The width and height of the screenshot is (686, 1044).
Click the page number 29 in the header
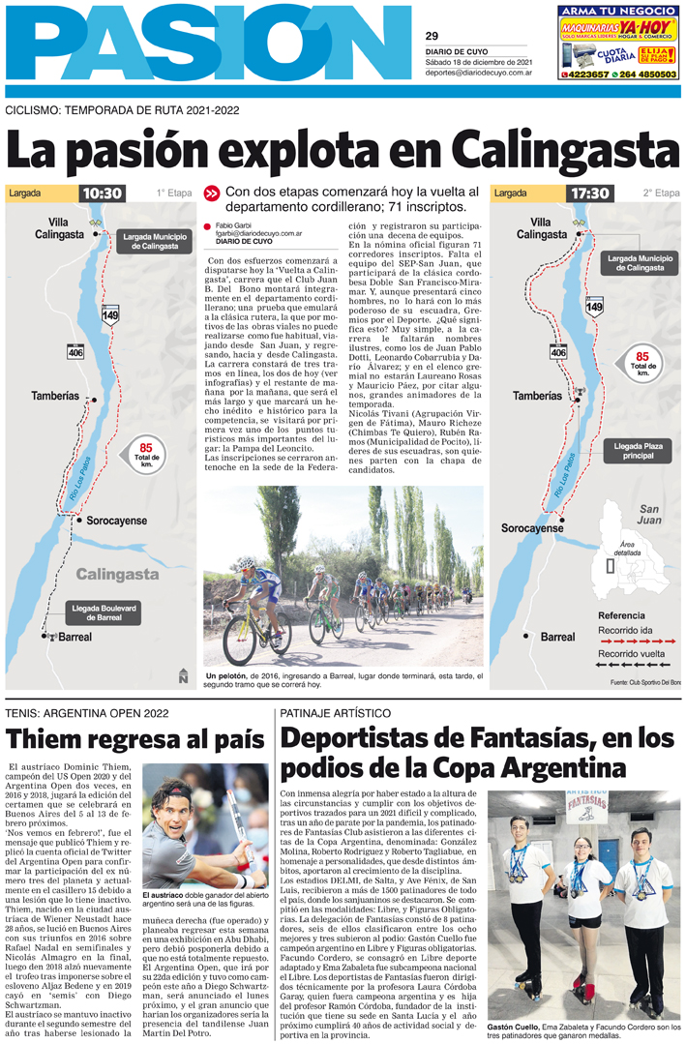[x=432, y=36]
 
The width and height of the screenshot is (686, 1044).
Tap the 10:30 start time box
[x=103, y=194]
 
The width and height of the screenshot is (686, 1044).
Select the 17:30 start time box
[x=589, y=194]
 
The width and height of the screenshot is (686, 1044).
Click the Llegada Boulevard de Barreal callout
[x=104, y=611]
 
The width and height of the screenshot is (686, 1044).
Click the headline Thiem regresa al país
[x=134, y=740]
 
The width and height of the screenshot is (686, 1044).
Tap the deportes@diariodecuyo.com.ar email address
[x=479, y=73]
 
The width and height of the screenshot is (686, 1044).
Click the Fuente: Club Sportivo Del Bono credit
[x=644, y=683]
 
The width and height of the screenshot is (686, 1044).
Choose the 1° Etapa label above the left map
[x=174, y=194]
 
